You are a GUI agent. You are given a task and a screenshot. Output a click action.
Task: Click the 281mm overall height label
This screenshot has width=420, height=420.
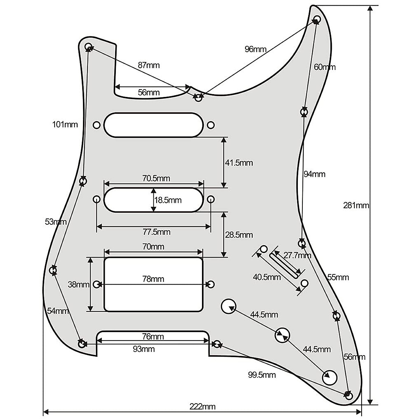tap(356, 205)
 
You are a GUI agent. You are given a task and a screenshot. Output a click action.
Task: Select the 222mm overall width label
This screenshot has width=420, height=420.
tap(202, 406)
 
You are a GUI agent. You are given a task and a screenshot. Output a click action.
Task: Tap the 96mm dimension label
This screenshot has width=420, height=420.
tap(255, 49)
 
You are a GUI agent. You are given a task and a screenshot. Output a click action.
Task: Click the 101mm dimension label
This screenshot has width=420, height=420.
tap(65, 124)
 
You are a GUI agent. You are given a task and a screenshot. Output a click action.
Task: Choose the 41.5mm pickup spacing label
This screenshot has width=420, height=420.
tap(239, 163)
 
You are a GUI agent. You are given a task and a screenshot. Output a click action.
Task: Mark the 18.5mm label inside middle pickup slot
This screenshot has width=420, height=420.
tap(168, 200)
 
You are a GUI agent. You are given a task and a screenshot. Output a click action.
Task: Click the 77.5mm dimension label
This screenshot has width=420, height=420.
tap(157, 232)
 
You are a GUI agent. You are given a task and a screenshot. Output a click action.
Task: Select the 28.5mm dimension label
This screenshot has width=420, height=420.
tap(239, 234)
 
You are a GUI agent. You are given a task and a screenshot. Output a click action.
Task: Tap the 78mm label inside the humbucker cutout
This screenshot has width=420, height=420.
tap(153, 279)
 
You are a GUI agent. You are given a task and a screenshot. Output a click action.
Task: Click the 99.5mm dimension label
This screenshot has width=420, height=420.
tap(262, 375)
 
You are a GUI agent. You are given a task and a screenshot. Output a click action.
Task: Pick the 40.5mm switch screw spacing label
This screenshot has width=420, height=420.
tap(267, 277)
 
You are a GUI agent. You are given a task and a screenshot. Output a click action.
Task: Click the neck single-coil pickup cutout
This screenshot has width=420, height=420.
tap(153, 125)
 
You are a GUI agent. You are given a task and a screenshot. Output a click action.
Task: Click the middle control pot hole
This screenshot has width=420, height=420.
tap(282, 335)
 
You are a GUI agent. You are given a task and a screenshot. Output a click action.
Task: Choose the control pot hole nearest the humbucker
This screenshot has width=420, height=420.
tap(229, 306)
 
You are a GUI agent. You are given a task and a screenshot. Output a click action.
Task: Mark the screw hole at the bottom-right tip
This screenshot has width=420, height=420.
tap(349, 396)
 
